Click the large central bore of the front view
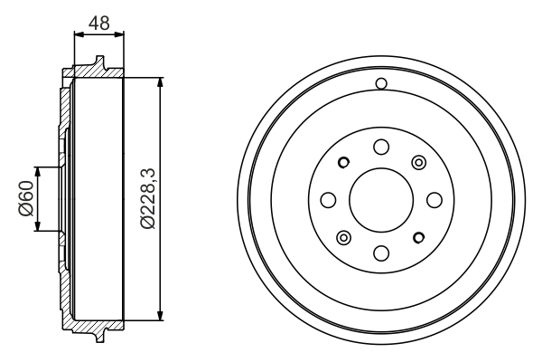(380, 199)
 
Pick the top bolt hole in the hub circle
(380, 147)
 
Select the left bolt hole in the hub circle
(328, 199)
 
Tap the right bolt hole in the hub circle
(433, 199)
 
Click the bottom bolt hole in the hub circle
(380, 252)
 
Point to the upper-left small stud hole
(343, 163)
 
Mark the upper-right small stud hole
(417, 162)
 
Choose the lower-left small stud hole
(343, 237)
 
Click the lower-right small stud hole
(417, 237)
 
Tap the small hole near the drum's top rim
(380, 85)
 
